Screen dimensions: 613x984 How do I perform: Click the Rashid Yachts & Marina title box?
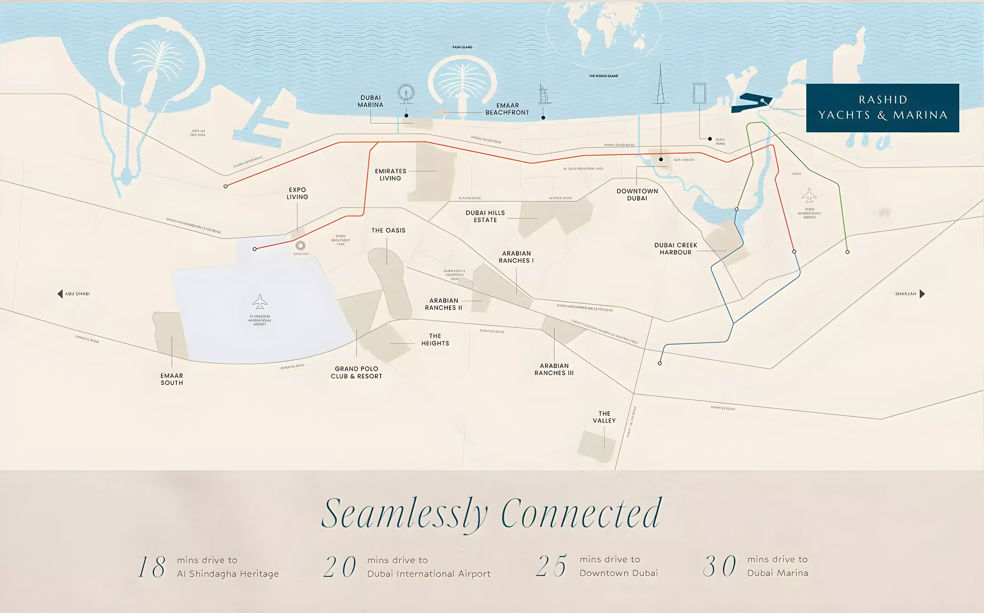click(x=882, y=108)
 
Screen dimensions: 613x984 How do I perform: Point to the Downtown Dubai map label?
click(x=637, y=195)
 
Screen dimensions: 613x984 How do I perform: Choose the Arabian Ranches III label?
click(x=554, y=369)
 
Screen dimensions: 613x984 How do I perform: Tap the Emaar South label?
click(x=172, y=379)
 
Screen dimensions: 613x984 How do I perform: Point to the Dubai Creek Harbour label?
click(x=675, y=249)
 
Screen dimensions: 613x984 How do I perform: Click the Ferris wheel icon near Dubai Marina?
click(x=406, y=93)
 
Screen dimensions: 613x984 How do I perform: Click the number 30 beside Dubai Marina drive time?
click(x=719, y=566)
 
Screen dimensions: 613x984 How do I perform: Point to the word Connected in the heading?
click(x=581, y=514)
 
